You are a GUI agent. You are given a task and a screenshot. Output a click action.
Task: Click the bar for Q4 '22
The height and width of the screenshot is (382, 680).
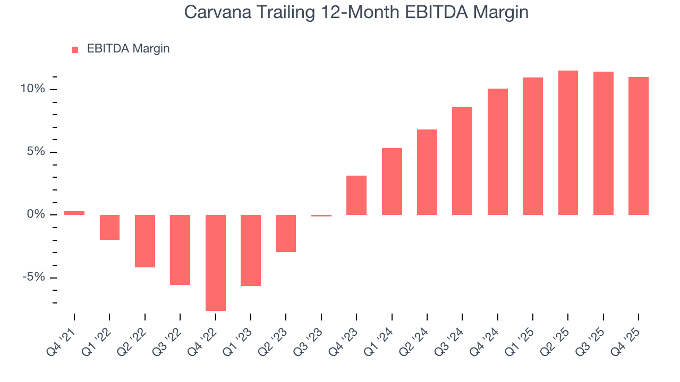tap(215, 263)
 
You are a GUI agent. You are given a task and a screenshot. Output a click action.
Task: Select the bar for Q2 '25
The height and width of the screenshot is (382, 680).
tap(568, 143)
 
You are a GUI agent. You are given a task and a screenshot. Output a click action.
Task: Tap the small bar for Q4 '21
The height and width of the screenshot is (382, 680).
tap(74, 213)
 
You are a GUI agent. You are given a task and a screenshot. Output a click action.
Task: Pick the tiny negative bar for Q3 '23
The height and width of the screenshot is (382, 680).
tap(321, 215)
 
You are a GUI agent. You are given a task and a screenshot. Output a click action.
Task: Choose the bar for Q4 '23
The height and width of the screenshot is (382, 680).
tap(356, 195)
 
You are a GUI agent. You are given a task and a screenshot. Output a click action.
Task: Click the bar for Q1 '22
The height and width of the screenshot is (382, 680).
tap(109, 227)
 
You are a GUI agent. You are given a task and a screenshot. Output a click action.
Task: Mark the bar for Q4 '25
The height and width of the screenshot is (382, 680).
tap(638, 146)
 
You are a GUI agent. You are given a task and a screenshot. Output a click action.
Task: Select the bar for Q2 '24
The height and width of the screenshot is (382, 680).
tap(427, 172)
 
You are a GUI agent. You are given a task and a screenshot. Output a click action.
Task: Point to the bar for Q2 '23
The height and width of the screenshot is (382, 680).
tap(286, 233)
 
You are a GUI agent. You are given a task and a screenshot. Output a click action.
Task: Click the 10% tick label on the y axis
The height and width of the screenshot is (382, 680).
tap(32, 89)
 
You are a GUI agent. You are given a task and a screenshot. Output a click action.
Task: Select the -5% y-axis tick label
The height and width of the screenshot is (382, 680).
tap(33, 277)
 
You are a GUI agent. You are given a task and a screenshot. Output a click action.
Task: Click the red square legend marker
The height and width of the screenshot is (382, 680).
tap(75, 49)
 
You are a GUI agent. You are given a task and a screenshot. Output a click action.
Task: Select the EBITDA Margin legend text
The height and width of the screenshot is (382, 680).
tap(128, 49)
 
